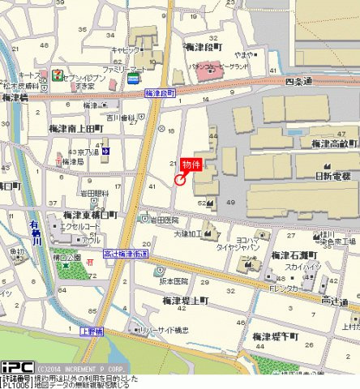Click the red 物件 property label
[x=191, y=165]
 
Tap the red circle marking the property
[x=179, y=181]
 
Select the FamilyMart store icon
[x=132, y=79]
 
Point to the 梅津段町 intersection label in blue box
[x=161, y=94]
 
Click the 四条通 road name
[x=299, y=82]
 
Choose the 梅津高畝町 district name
[x=334, y=143]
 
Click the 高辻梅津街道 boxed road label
[x=126, y=254]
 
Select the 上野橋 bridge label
[x=92, y=331]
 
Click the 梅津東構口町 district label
[x=91, y=216]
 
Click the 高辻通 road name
[x=335, y=302]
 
